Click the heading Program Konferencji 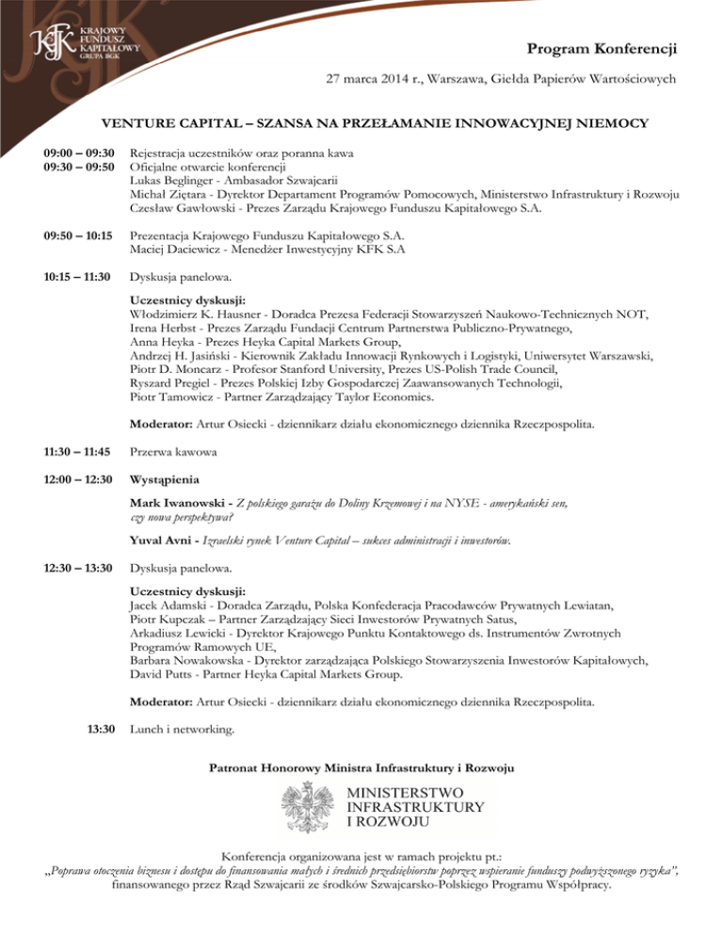coord(602,48)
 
